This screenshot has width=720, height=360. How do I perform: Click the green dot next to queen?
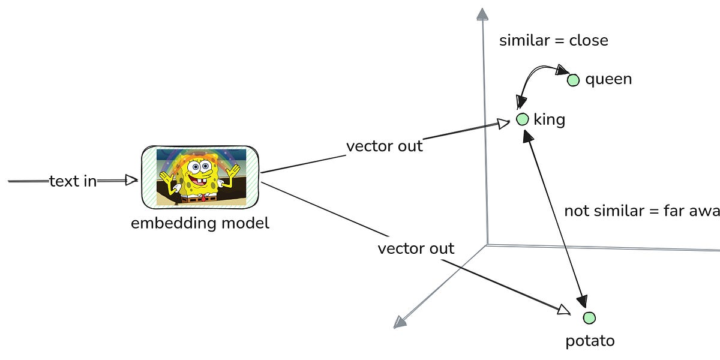[573, 80]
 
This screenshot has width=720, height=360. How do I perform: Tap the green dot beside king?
[522, 119]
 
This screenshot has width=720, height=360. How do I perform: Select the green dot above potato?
[589, 318]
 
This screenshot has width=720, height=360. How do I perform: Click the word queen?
[608, 79]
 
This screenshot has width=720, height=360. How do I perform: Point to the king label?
[549, 119]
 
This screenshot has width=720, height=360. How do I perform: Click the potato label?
[590, 341]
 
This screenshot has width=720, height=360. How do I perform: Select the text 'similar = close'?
[553, 40]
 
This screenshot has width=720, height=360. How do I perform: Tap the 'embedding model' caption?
[200, 223]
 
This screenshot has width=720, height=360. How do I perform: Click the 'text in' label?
[73, 181]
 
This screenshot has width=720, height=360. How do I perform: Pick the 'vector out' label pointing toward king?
[384, 146]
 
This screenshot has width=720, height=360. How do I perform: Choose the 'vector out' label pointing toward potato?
[416, 248]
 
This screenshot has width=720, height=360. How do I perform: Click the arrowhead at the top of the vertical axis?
[481, 14]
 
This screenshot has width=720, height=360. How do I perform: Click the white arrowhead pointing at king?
[502, 124]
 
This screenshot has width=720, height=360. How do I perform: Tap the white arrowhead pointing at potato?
[563, 310]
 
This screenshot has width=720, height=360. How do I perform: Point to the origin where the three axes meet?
[487, 244]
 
